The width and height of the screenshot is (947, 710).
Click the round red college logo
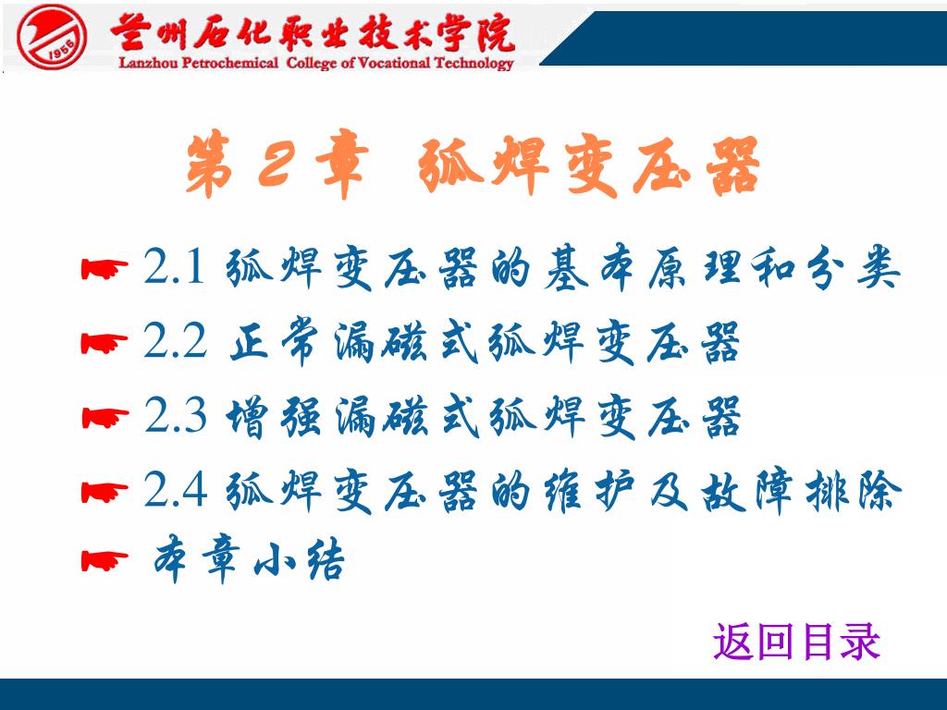52,37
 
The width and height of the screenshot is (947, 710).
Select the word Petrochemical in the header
230,63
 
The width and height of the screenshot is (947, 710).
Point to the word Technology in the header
473,64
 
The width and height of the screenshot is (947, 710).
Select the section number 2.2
175,340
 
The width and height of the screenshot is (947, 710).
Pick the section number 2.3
175,415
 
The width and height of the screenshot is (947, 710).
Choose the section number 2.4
175,489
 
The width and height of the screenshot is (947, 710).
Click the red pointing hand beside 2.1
105,269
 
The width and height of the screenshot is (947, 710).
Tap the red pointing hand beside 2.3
105,417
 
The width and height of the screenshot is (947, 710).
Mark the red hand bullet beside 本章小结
105,561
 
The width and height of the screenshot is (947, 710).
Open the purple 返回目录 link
796,642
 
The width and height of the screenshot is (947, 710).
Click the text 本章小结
249,559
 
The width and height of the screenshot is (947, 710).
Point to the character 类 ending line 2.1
879,266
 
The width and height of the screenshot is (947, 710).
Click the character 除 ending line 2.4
879,490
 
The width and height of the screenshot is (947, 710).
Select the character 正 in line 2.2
250,342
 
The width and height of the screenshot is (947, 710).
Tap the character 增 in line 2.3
246,417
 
